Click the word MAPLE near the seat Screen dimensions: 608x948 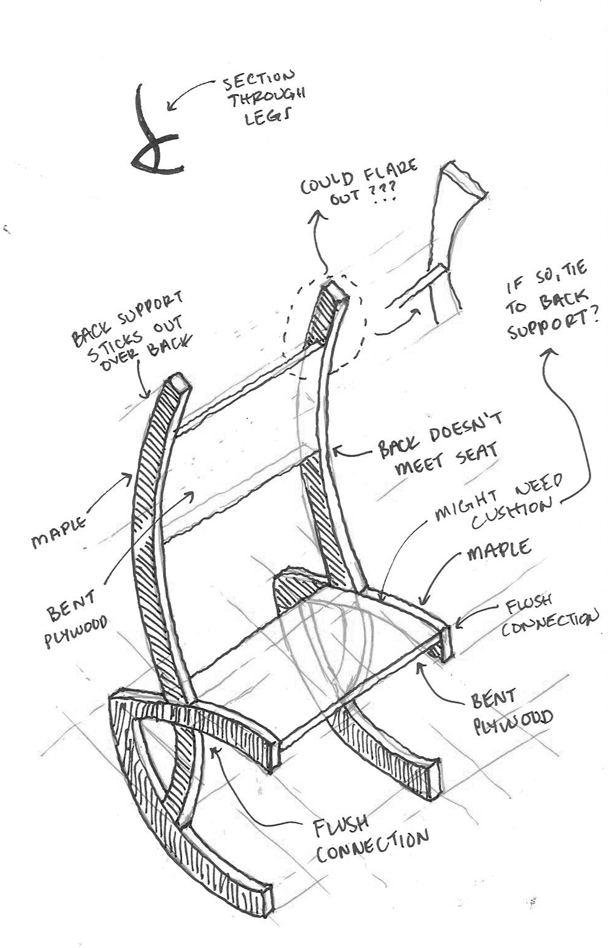498,549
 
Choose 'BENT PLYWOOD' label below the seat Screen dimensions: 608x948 511,712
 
